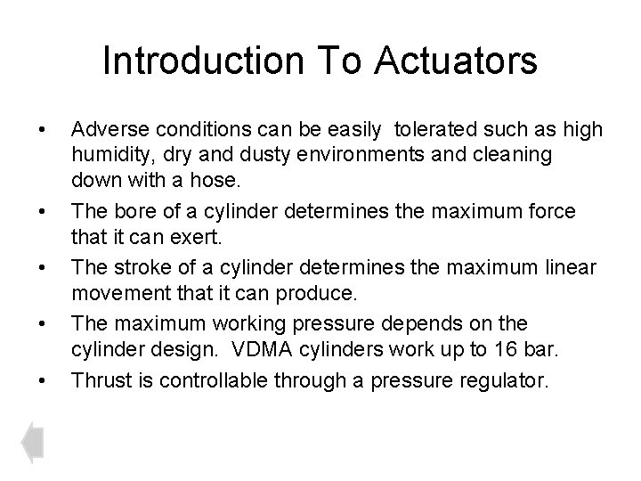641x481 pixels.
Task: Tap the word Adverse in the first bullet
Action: (x=106, y=130)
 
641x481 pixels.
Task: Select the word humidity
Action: (x=108, y=154)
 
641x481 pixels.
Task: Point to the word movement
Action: (x=117, y=294)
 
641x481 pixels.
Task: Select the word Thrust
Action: (x=97, y=380)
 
